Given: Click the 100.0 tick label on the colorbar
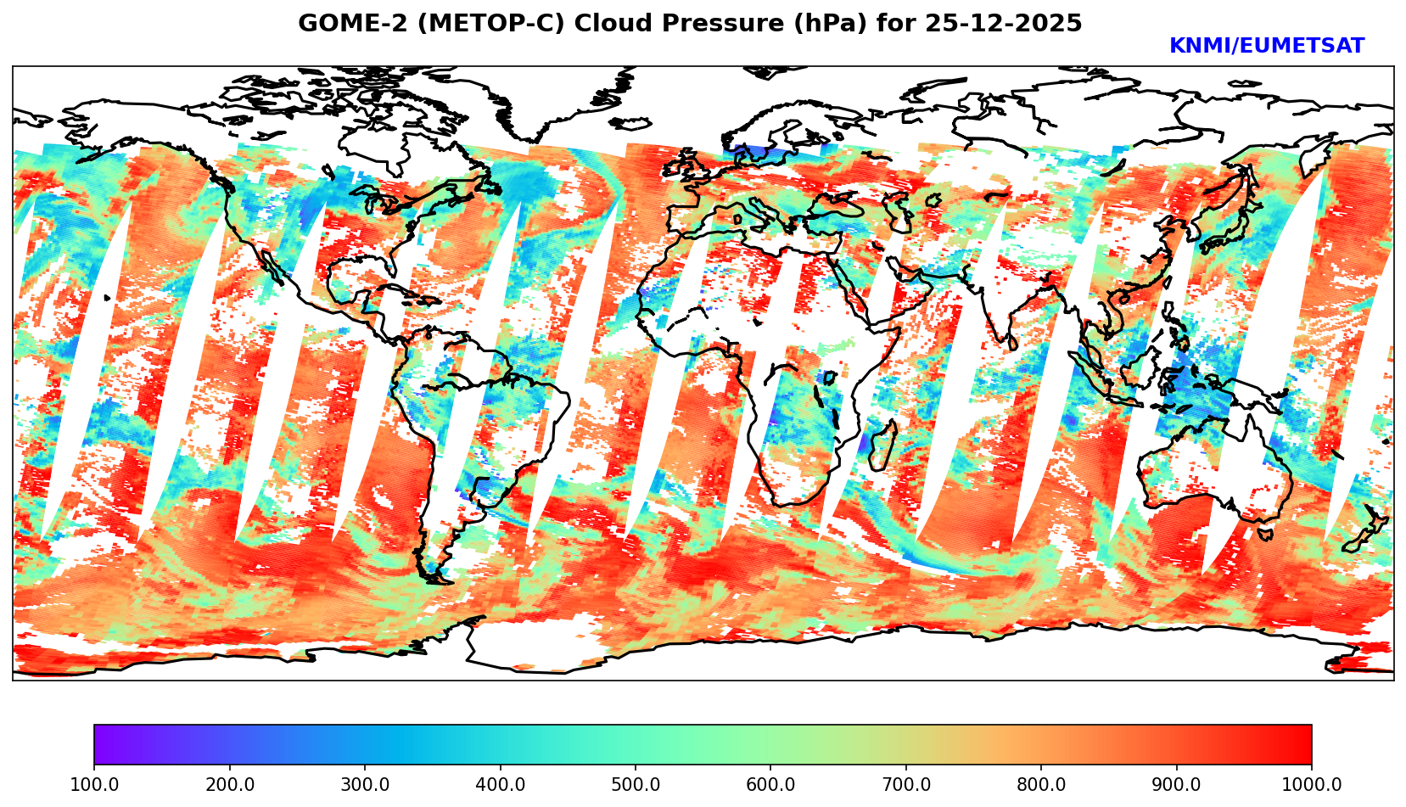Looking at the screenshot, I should pyautogui.click(x=94, y=785).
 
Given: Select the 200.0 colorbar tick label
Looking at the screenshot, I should pyautogui.click(x=229, y=785).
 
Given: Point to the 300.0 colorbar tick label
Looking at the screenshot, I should pyautogui.click(x=365, y=785).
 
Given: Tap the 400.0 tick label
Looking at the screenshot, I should pyautogui.click(x=500, y=785).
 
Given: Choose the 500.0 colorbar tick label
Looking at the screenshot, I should pyautogui.click(x=636, y=785).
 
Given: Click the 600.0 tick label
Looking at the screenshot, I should pyautogui.click(x=770, y=785).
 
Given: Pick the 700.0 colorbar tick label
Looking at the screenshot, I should pyautogui.click(x=906, y=785).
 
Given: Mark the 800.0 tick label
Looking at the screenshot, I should pyautogui.click(x=1041, y=785).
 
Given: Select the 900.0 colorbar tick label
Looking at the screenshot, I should pyautogui.click(x=1177, y=785).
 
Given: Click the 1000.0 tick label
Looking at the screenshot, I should pyautogui.click(x=1311, y=785).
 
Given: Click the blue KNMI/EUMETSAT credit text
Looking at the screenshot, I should pyautogui.click(x=1266, y=47).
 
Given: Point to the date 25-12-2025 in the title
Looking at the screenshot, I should pyautogui.click(x=1004, y=24).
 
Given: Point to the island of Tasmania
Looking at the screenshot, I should pyautogui.click(x=1264, y=534).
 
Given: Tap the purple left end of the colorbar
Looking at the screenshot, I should pyautogui.click(x=100, y=745).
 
